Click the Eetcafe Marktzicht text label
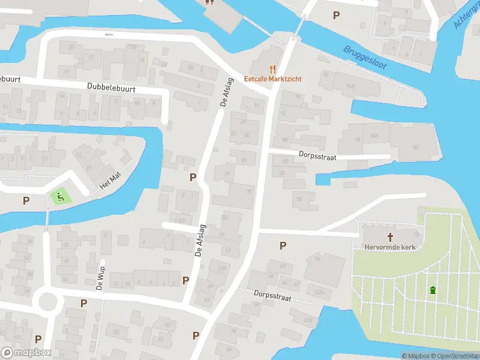pos(272,79)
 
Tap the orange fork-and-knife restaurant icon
pos(272,68)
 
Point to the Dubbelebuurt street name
pos(111,88)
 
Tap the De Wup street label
pos(100,278)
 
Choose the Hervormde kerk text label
pos(389,247)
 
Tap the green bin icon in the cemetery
pos(433,291)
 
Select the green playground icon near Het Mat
pos(59,196)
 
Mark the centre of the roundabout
pos(46,300)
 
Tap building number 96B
pos(350,86)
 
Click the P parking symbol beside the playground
pos(26,200)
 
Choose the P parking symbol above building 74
pos(283,245)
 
